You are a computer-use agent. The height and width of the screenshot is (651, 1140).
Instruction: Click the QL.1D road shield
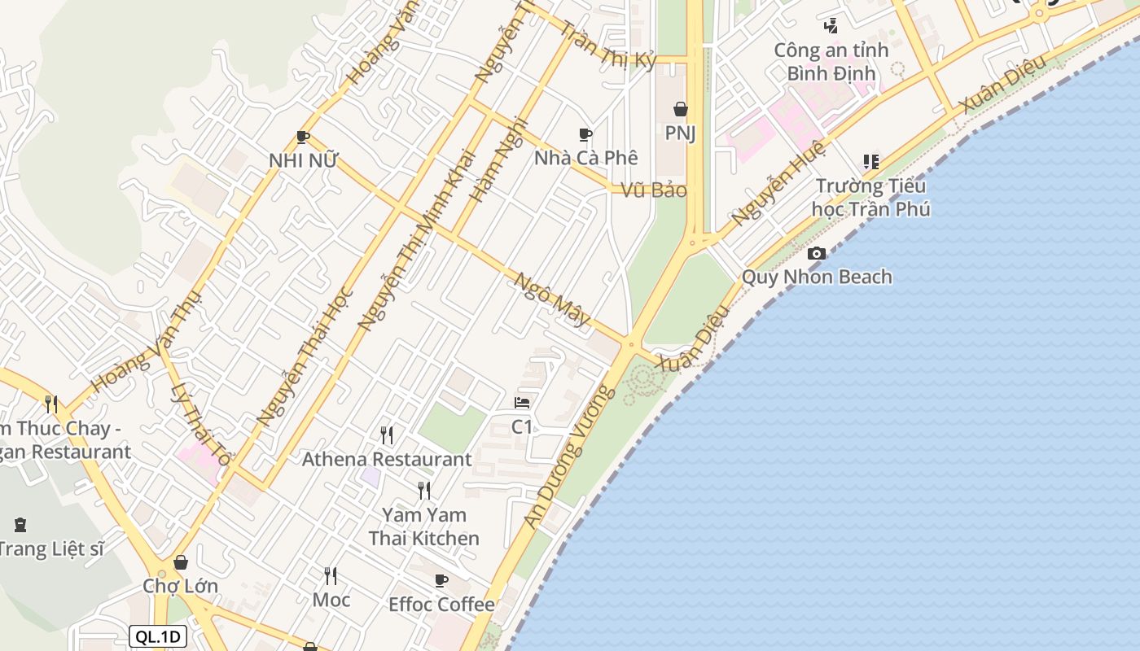click(x=158, y=636)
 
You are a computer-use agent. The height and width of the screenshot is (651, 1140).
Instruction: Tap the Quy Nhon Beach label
click(x=817, y=277)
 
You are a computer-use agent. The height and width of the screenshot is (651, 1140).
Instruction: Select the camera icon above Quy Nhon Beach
click(x=817, y=254)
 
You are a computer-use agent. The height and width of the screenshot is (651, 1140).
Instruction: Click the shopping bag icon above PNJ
click(x=681, y=109)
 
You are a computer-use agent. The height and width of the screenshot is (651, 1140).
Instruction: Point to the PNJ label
click(x=681, y=132)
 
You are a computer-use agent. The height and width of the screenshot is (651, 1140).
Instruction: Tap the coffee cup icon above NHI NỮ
click(x=303, y=137)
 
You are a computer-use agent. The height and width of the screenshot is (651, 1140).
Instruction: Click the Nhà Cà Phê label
click(x=585, y=157)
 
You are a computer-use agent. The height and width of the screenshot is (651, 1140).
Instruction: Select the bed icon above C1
click(x=522, y=402)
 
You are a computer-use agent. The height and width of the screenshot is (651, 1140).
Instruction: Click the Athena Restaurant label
click(x=387, y=459)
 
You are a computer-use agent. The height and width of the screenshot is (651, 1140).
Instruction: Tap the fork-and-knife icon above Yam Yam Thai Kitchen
click(x=424, y=490)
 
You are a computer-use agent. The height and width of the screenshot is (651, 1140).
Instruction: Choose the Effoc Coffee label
click(x=441, y=604)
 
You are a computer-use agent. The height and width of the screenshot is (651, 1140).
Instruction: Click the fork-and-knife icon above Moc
click(x=331, y=576)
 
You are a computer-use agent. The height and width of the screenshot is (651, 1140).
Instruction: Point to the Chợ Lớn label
click(x=180, y=586)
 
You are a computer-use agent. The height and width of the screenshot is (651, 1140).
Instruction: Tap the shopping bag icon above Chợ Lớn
click(x=181, y=562)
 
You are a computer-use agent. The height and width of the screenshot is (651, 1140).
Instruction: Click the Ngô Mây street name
click(x=553, y=299)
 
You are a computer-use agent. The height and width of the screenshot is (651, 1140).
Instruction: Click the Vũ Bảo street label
click(x=654, y=190)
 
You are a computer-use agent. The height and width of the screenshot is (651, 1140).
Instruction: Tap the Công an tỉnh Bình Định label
click(x=831, y=62)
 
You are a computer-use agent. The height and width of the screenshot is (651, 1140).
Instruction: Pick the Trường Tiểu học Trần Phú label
click(x=870, y=197)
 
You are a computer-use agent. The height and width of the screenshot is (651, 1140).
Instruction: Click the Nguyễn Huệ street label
click(x=778, y=183)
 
